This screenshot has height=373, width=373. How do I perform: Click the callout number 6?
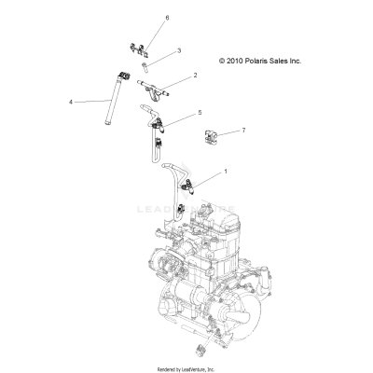(x=167, y=18)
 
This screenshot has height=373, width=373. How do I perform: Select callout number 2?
(x=195, y=75)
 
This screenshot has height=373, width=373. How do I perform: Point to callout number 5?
(x=199, y=112)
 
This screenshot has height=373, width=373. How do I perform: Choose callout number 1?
(x=224, y=172)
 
